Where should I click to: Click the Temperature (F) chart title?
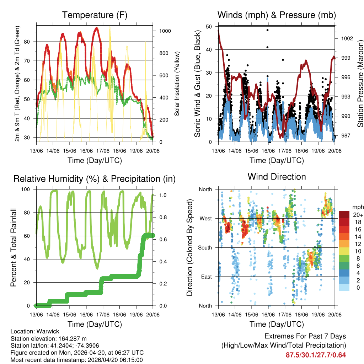pyautogui.click(x=95, y=15)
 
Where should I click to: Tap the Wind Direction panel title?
pyautogui.click(x=277, y=177)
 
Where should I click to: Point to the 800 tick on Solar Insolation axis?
pyautogui.click(x=165, y=53)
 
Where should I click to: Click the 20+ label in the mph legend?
pyautogui.click(x=357, y=215)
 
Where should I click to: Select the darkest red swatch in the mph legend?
pyautogui.click(x=344, y=215)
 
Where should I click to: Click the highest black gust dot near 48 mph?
pyautogui.click(x=267, y=30)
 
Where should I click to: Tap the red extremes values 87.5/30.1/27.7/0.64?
pyautogui.click(x=316, y=355)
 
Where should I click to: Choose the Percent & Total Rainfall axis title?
pyautogui.click(x=14, y=247)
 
